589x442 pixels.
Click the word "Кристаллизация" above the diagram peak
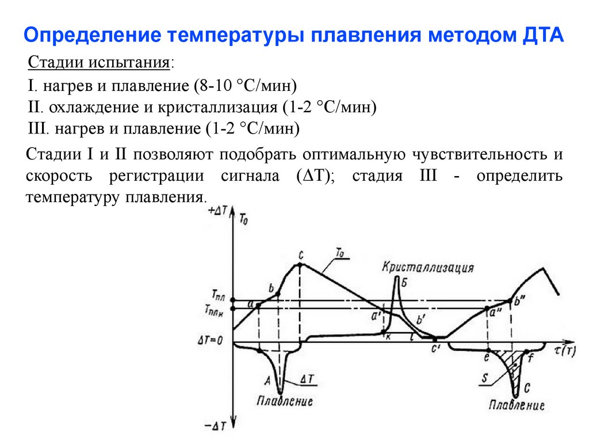pyautogui.click(x=429, y=268)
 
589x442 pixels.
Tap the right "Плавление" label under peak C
pyautogui.click(x=517, y=405)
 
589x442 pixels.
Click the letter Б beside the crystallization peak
pyautogui.click(x=404, y=282)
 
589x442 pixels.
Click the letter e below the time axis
pyautogui.click(x=487, y=357)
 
